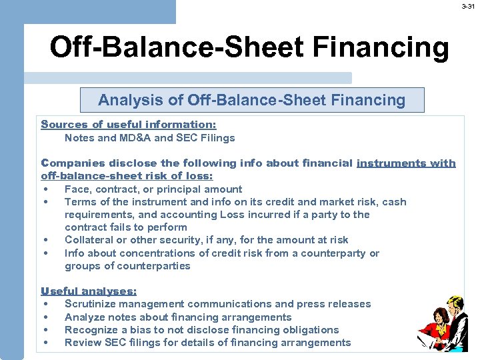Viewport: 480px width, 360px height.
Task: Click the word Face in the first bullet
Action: [x=77, y=189]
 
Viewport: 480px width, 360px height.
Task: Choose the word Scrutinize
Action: [x=92, y=303]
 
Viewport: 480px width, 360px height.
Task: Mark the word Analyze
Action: [x=85, y=317]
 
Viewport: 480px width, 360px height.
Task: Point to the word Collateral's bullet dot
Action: [x=45, y=239]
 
